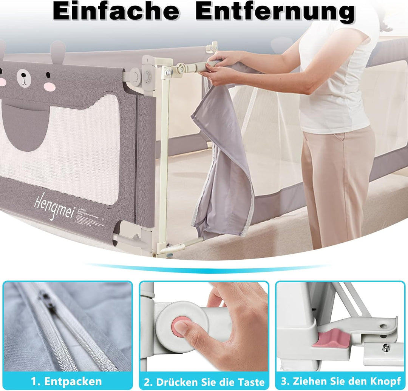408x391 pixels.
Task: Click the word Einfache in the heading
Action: pyautogui.click(x=116, y=12)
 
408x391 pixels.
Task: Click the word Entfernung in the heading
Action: pyautogui.click(x=275, y=12)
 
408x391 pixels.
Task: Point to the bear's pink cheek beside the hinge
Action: pyautogui.click(x=49, y=87)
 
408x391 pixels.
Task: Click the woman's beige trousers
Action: pyautogui.click(x=336, y=181)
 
